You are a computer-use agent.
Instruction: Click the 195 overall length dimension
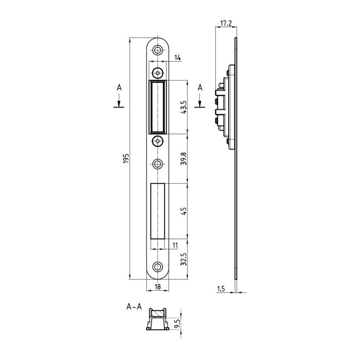pyautogui.click(x=126, y=158)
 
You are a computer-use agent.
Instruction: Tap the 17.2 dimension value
pyautogui.click(x=226, y=23)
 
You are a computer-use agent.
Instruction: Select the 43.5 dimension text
pyautogui.click(x=184, y=107)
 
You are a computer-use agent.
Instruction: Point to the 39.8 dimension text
pyautogui.click(x=184, y=158)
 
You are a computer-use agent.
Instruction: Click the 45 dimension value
pyautogui.click(x=184, y=211)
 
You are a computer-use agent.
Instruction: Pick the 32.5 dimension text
pyautogui.click(x=184, y=259)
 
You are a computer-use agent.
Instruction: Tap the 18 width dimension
pyautogui.click(x=158, y=287)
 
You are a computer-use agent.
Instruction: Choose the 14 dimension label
pyautogui.click(x=177, y=58)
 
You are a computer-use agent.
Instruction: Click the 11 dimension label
pyautogui.click(x=175, y=245)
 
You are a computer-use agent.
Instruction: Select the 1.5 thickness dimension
pyautogui.click(x=221, y=288)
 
